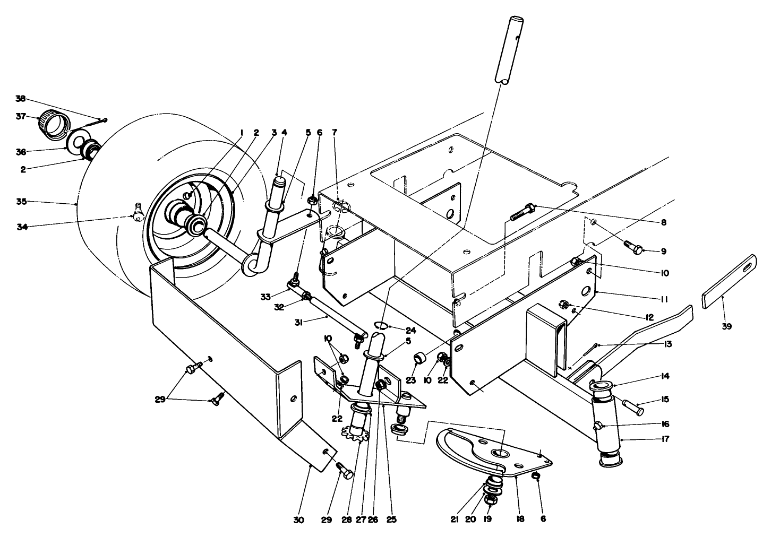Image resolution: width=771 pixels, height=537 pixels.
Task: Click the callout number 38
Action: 20,99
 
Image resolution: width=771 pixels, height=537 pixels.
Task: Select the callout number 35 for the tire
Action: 21,202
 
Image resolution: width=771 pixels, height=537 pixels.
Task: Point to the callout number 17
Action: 665,439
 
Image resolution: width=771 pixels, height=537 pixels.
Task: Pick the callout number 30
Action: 298,521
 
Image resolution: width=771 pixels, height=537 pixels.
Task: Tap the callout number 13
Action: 667,344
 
